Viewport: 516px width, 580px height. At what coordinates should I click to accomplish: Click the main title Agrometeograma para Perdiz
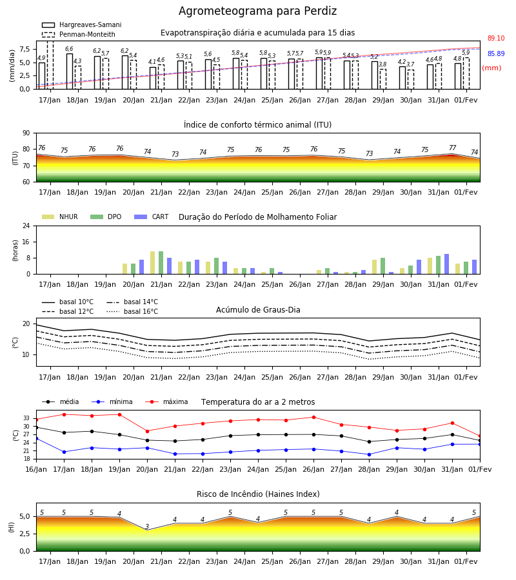257,11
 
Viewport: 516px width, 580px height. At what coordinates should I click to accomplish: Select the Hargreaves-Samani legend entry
81,24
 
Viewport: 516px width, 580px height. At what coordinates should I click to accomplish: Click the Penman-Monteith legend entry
79,34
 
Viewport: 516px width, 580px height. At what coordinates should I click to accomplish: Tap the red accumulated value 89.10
496,38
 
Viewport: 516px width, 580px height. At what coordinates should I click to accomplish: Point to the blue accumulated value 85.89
496,53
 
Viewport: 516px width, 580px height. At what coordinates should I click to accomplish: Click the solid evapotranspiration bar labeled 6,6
70,72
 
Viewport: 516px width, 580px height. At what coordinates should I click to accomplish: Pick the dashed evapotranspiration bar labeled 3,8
383,79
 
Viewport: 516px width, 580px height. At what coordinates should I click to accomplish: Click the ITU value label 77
452,148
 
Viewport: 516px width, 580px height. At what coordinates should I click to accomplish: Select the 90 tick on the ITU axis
26,133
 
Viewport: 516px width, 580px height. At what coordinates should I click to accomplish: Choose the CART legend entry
152,217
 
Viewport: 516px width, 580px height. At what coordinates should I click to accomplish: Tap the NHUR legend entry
60,217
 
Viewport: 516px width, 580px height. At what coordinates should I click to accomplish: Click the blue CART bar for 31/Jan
447,264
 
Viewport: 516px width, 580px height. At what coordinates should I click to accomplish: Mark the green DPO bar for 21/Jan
161,263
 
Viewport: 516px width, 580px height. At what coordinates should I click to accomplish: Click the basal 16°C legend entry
132,311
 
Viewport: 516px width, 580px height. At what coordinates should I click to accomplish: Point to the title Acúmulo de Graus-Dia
258,310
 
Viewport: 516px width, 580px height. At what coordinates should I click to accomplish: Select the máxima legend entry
166,401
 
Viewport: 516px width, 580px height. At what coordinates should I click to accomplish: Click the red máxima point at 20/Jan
147,431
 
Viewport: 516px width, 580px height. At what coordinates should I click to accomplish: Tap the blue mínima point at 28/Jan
369,454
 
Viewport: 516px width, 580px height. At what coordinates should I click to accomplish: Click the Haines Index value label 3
147,527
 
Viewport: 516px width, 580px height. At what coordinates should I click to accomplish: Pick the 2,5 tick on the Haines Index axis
25,534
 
